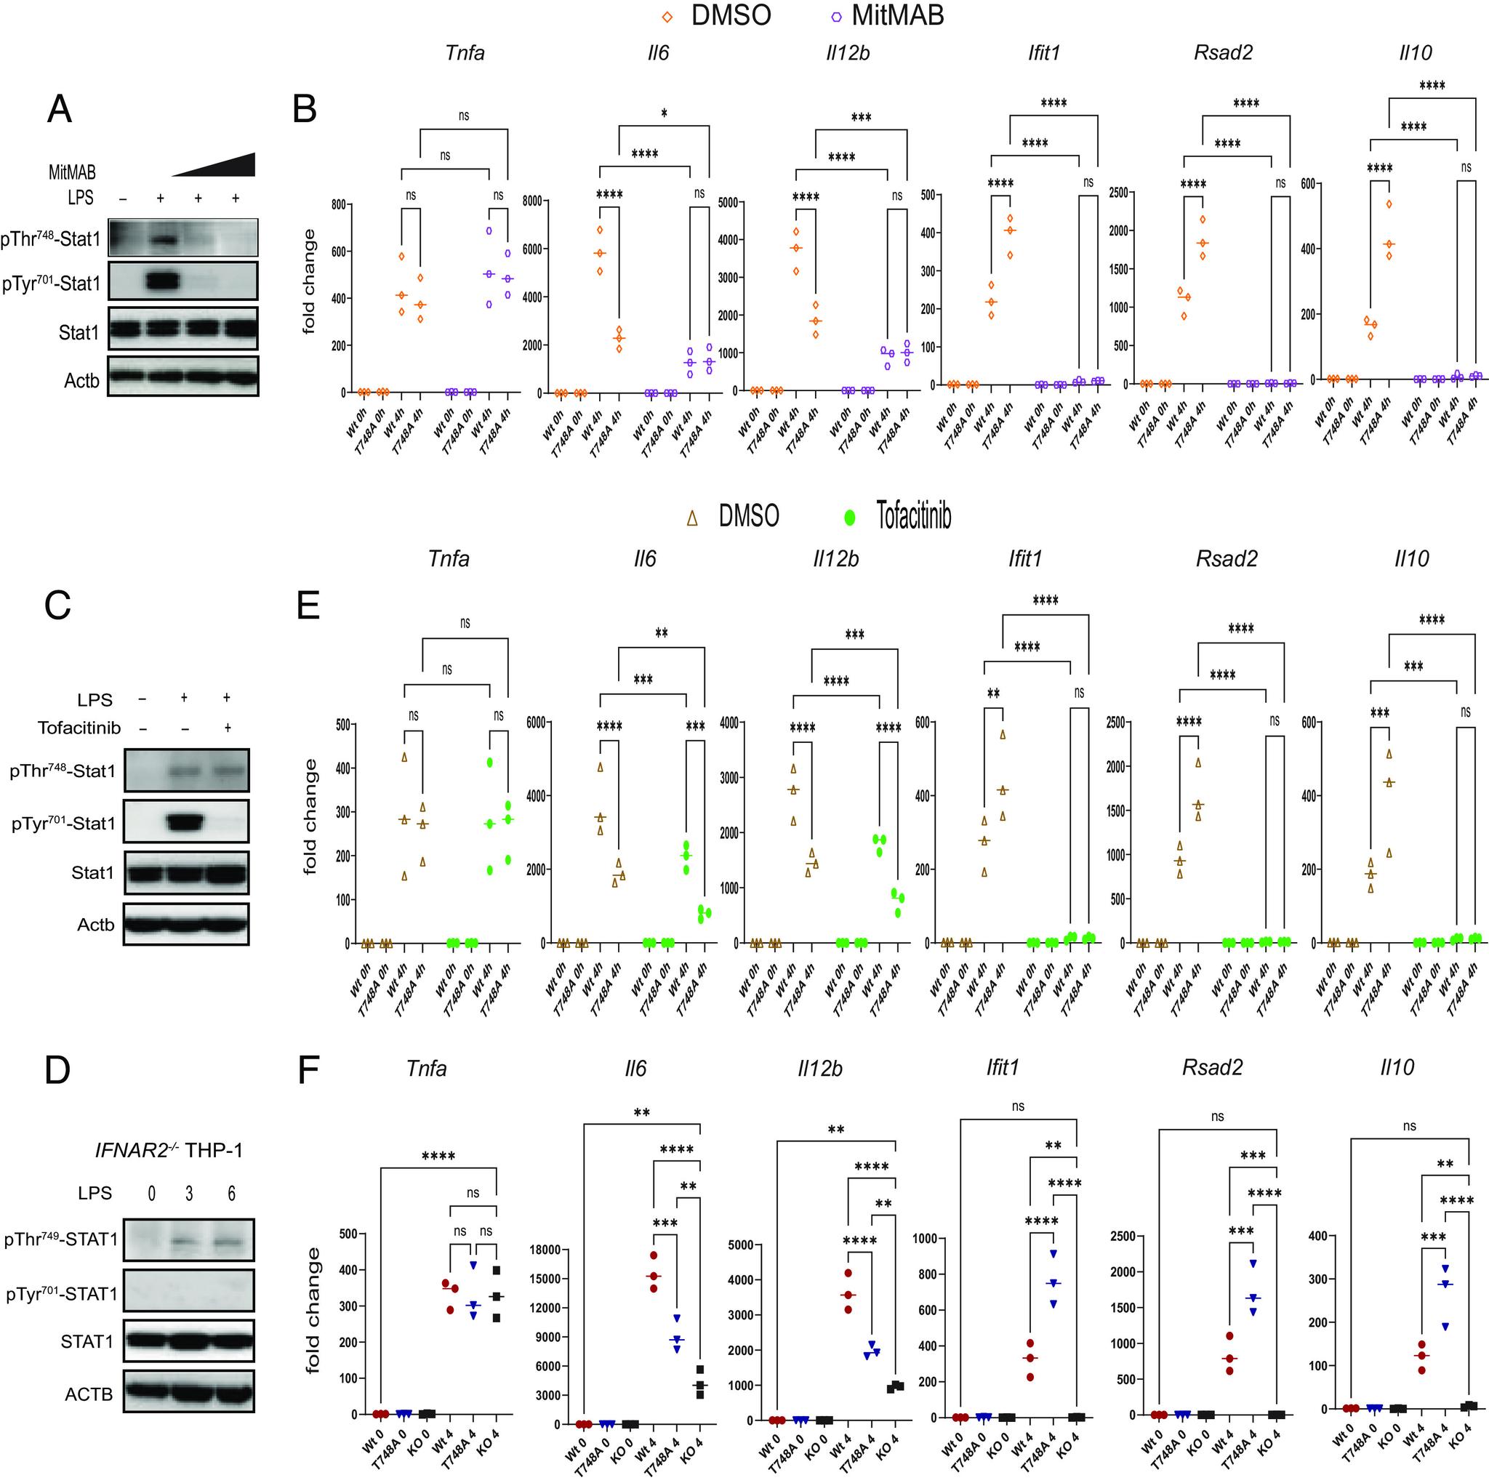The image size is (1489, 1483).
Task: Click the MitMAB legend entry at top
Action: [x=886, y=15]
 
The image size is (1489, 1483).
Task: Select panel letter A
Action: [x=60, y=109]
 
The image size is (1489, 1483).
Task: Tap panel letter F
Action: [x=308, y=1071]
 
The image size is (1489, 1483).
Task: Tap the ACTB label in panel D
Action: [x=89, y=1394]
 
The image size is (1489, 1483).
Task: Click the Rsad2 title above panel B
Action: [x=1223, y=53]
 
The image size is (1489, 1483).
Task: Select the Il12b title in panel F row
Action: [x=819, y=1069]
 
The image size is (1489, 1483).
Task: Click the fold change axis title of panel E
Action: [x=310, y=816]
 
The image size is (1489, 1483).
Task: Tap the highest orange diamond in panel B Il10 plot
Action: [x=1389, y=204]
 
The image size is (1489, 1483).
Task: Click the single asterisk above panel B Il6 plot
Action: [x=665, y=113]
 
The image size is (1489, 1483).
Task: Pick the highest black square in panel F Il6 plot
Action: [x=700, y=1369]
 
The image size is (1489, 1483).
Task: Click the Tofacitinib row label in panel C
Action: [x=79, y=728]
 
